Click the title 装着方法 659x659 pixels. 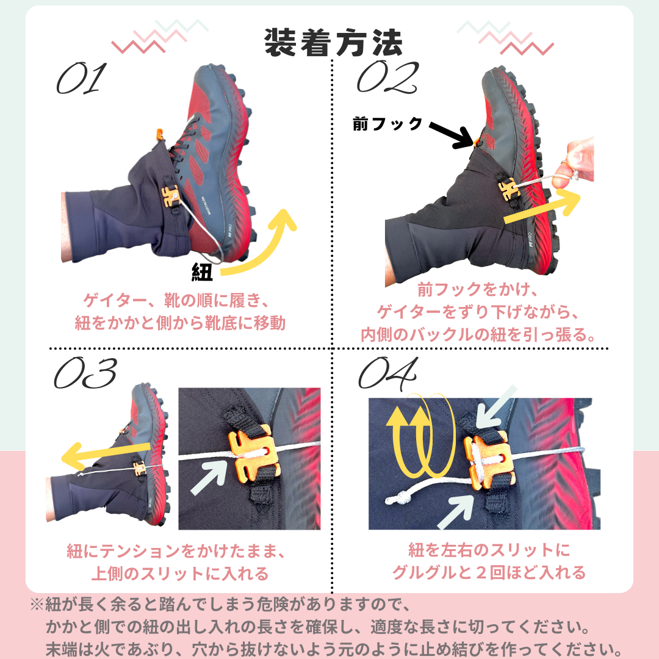pos(333,43)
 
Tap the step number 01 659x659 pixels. pos(81,78)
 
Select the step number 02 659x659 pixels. pos(387,76)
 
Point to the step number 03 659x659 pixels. pos(85,373)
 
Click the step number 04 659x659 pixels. pos(388,373)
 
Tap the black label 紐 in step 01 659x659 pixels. pos(202,272)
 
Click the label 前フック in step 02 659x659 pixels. pos(387,124)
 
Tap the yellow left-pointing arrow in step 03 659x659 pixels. pos(105,455)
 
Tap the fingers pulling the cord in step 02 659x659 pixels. pos(574,162)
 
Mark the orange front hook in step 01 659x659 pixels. pos(159,134)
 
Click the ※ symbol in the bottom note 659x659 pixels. pos(37,604)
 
